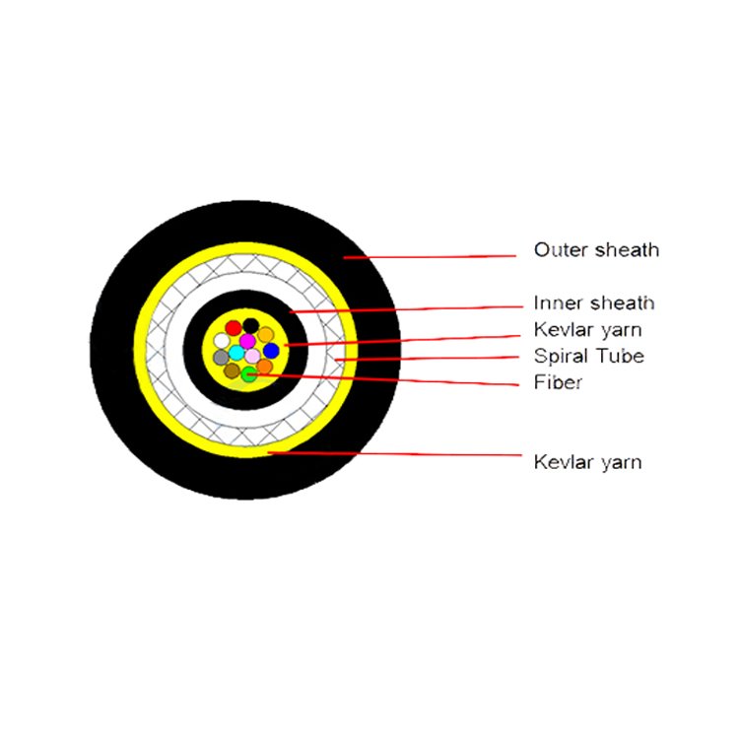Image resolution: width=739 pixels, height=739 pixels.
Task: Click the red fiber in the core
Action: tap(234, 327)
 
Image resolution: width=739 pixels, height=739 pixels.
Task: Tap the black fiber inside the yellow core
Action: tap(250, 326)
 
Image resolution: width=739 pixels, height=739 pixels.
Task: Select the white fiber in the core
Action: tap(222, 340)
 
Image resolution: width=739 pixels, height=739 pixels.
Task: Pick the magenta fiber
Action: tap(247, 340)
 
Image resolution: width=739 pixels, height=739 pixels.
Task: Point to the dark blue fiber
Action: tap(271, 351)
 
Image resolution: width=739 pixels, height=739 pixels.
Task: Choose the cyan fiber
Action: tap(236, 353)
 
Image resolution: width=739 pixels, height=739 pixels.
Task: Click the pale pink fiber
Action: tap(252, 356)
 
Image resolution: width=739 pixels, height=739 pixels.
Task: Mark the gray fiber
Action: tap(221, 358)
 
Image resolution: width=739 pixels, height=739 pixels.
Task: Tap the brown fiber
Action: tap(232, 370)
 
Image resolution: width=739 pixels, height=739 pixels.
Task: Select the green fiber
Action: tap(249, 374)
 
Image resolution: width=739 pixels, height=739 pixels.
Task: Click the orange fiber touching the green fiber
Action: tap(264, 367)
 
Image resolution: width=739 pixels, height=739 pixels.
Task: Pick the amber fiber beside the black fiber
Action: tap(265, 335)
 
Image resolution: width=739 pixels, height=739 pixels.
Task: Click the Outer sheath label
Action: tap(596, 250)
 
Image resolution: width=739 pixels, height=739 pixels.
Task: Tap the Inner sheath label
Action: tap(594, 302)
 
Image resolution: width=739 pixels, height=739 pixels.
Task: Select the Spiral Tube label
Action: tap(589, 356)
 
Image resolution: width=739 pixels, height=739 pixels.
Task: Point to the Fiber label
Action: tap(558, 381)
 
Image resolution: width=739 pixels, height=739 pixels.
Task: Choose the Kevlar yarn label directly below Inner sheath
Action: tap(587, 329)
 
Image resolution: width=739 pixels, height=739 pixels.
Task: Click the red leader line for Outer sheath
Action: tap(430, 257)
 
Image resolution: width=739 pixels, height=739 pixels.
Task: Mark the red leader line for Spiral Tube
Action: tap(427, 359)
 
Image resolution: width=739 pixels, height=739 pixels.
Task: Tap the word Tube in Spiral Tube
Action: tap(620, 356)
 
